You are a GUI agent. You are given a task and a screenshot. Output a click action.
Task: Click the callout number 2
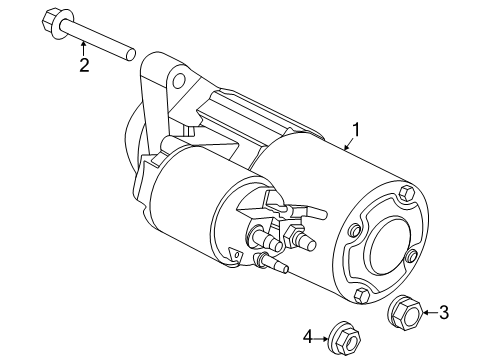tap(85, 66)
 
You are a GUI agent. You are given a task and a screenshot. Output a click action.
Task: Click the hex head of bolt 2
tap(54, 20)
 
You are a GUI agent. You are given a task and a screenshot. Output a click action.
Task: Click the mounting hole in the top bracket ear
tap(178, 80)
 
